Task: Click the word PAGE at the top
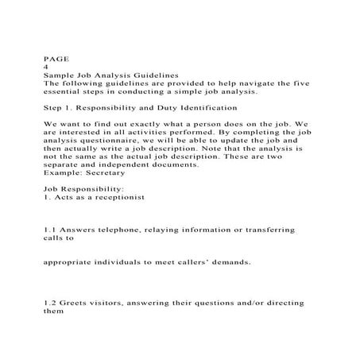[56, 58]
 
